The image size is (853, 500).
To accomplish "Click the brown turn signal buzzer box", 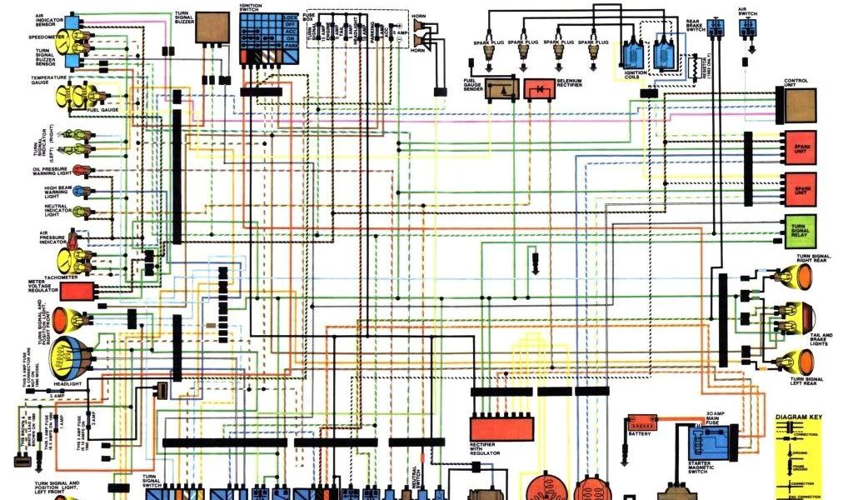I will point(212,28).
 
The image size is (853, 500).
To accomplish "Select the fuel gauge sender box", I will point(501,88).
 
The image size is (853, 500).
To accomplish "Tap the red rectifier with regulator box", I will point(501,428).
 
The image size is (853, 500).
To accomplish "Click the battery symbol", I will point(641,422).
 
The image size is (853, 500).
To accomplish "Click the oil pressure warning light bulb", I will point(87,172).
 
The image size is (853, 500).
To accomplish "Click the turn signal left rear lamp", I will point(800,361).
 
